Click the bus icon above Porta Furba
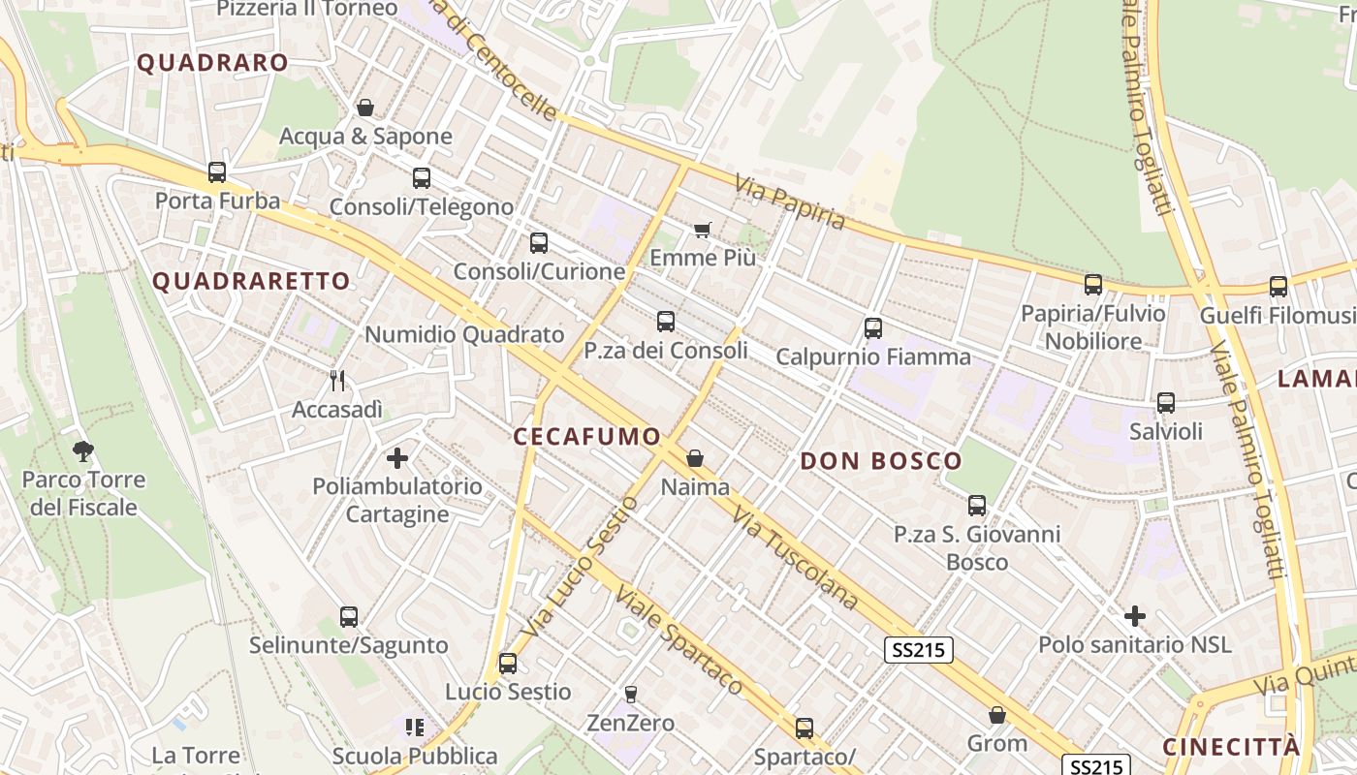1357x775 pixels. click(217, 172)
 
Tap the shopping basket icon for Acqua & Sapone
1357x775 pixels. click(365, 108)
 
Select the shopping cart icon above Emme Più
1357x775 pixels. click(703, 230)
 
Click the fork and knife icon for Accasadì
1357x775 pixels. click(337, 381)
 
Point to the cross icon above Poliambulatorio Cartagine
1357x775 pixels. click(397, 457)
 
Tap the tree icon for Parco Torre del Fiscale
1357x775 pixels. click(83, 450)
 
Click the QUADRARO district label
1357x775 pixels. click(212, 63)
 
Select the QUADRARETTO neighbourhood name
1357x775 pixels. click(251, 282)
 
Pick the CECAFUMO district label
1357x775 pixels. click(586, 437)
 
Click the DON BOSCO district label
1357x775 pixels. click(881, 461)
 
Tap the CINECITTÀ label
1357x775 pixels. click(1231, 747)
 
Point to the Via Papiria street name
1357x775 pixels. click(790, 202)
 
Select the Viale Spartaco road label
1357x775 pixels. click(678, 641)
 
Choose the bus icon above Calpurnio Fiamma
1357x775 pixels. click(873, 328)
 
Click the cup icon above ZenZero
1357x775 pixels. click(631, 694)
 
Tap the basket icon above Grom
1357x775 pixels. click(997, 716)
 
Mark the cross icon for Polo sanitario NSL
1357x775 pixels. click(1135, 615)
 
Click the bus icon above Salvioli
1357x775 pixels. click(1166, 402)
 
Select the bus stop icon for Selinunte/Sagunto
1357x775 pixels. click(349, 616)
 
